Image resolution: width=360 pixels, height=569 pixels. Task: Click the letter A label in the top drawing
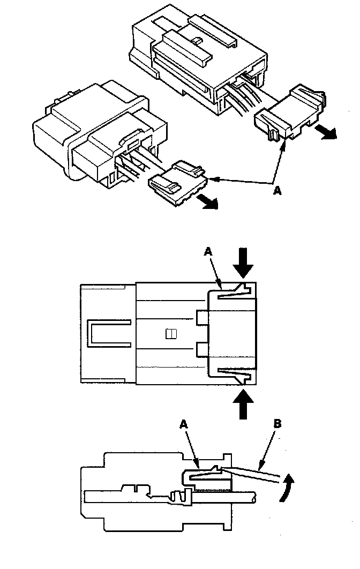point(277,191)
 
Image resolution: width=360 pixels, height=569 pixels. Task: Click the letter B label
point(277,423)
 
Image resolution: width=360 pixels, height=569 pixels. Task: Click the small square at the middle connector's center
point(170,334)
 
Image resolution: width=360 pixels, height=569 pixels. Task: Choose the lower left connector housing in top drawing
point(91,134)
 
